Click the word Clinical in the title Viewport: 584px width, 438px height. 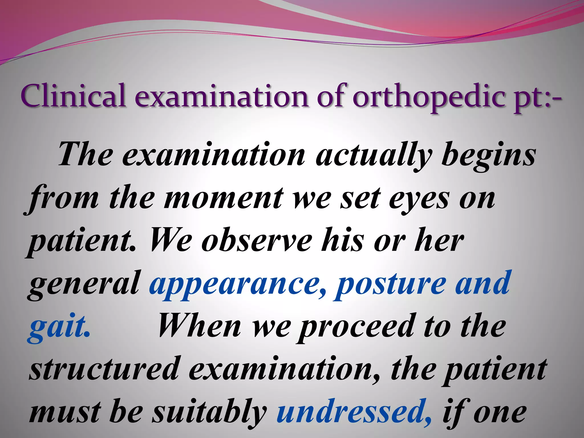[73, 96]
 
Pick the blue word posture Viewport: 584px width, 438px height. [391, 284]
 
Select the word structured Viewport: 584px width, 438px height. [104, 369]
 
